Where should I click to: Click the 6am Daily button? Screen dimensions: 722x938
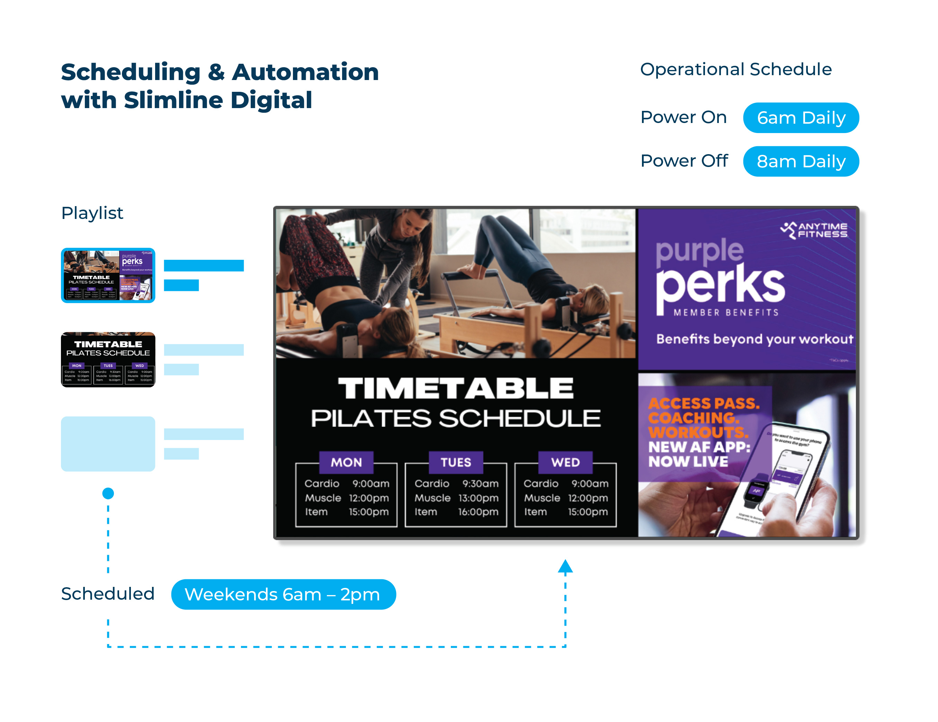pos(801,118)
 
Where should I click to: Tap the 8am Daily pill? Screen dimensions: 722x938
pos(801,161)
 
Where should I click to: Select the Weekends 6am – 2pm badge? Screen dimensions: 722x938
pos(283,595)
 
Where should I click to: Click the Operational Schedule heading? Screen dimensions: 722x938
pos(736,69)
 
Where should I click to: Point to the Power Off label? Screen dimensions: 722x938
pos(684,161)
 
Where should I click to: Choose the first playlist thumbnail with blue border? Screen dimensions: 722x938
pos(108,275)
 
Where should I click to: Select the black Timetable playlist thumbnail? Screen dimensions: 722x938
pos(108,360)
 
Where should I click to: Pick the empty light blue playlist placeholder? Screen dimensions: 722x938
pos(108,443)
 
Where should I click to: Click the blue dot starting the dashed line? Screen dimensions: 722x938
pos(108,493)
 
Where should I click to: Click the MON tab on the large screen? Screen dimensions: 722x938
pos(346,463)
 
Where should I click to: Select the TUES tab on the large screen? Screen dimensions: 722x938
pos(456,463)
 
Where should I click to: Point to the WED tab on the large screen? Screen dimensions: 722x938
pos(565,463)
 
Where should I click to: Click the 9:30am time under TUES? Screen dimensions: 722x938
pos(480,484)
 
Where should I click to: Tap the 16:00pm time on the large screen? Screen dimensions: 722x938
pos(478,512)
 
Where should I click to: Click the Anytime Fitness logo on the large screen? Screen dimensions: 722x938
pos(814,230)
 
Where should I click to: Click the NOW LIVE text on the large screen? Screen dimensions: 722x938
pos(688,461)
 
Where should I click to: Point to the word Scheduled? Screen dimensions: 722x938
pos(107,594)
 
